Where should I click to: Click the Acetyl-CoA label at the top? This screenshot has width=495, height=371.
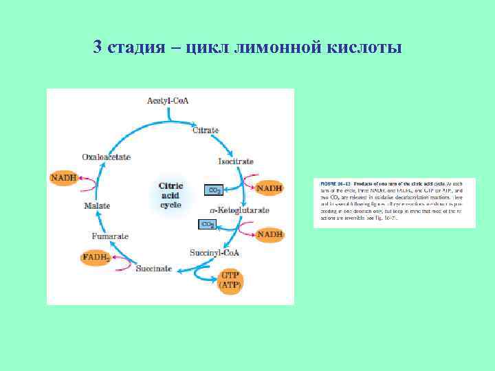click(168, 101)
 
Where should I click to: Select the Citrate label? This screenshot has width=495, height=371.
click(206, 130)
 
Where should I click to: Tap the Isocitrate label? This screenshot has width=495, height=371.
click(236, 161)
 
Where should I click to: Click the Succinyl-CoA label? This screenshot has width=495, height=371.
click(215, 253)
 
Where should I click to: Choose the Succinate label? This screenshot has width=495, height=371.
click(154, 269)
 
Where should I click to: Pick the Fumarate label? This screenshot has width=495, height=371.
click(111, 236)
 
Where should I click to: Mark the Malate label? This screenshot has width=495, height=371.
click(98, 205)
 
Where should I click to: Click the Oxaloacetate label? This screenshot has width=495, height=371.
click(106, 157)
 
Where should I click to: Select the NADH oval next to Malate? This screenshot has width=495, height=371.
click(63, 178)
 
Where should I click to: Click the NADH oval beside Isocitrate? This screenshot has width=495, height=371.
click(269, 188)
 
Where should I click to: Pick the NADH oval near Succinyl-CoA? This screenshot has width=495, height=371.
click(269, 234)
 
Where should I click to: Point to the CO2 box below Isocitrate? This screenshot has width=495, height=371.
click(214, 189)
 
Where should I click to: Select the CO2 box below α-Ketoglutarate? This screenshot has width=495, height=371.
click(207, 224)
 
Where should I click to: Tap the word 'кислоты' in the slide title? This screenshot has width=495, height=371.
click(366, 47)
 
